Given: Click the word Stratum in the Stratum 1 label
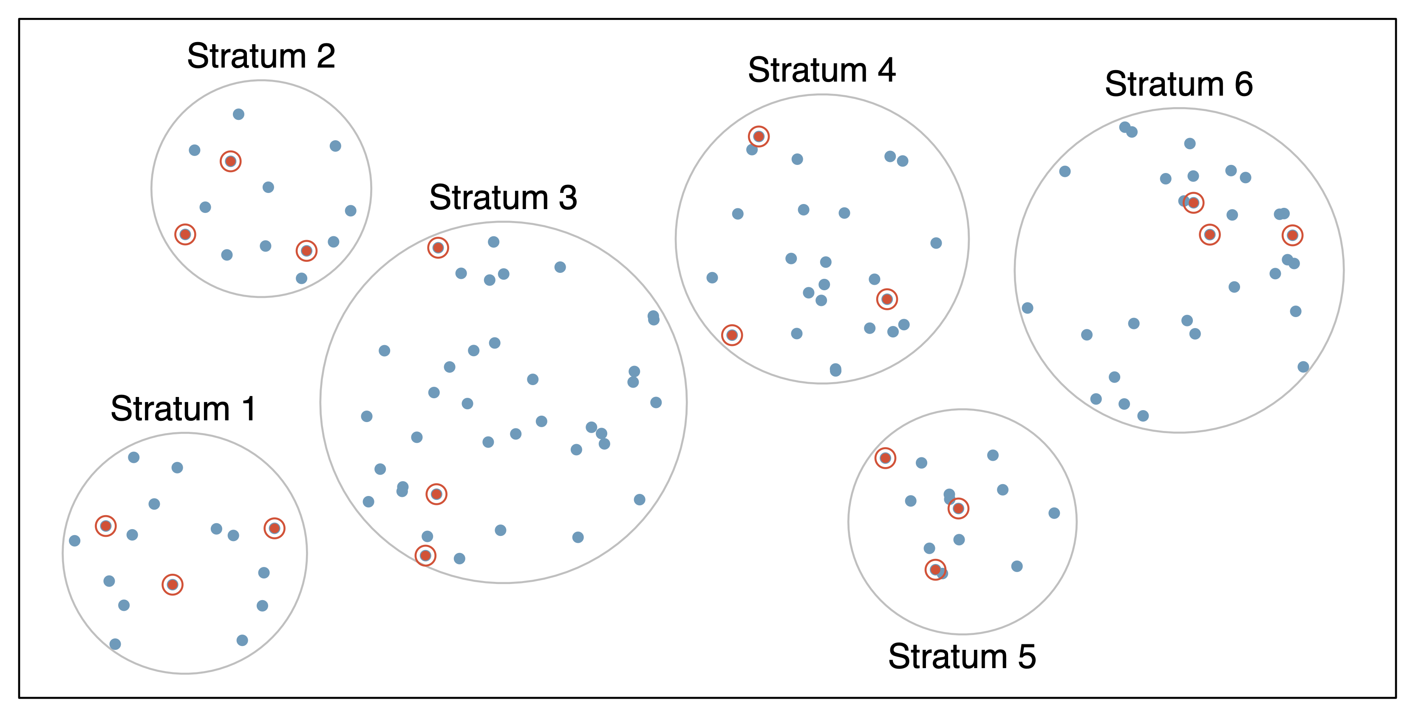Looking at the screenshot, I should tap(170, 409).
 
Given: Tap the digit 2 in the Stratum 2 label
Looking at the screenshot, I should tap(326, 57).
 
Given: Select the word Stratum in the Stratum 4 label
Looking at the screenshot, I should tap(807, 71).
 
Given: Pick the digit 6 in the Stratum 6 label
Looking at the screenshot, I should tap(1244, 85).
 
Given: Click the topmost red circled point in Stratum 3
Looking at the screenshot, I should tap(438, 248).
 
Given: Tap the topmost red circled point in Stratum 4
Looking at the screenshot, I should tap(759, 136).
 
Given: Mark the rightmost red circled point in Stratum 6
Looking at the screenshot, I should tap(1292, 235).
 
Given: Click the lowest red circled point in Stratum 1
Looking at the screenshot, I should tap(172, 585).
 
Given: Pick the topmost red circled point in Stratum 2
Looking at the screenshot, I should tap(230, 161).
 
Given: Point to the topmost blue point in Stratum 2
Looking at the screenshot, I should tap(238, 114).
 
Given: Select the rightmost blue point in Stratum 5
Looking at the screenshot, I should tap(1054, 513).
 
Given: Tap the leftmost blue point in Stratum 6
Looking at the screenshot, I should tap(1028, 308).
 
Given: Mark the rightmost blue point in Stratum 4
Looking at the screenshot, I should tap(936, 243).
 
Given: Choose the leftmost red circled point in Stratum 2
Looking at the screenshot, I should tap(185, 235).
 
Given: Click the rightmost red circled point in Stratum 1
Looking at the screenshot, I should tap(274, 528).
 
